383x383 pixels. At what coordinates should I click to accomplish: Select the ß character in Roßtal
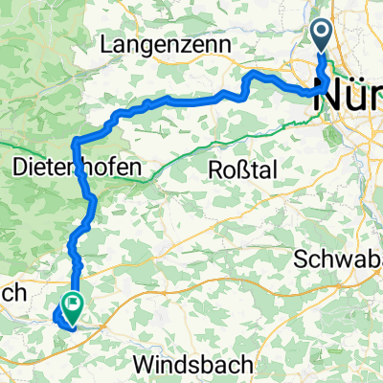tap(241, 169)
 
